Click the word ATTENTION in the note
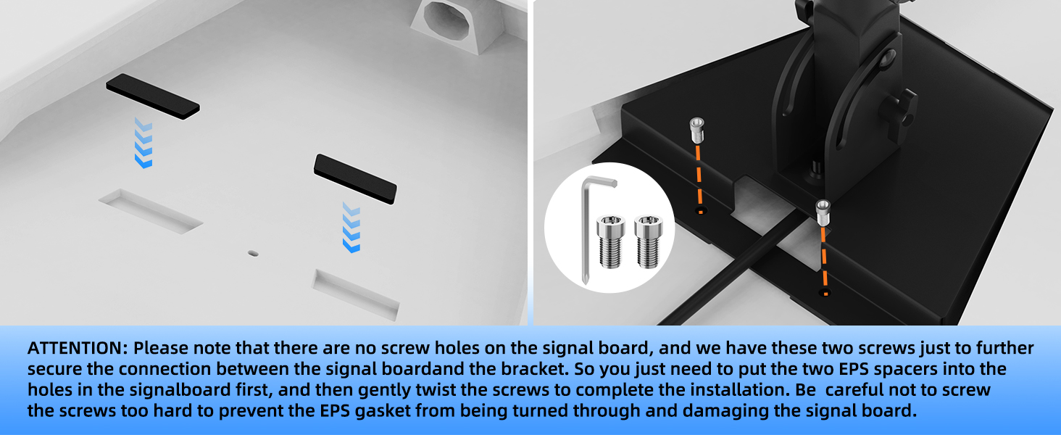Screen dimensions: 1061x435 pos(75,348)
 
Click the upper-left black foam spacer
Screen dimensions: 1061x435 pos(152,96)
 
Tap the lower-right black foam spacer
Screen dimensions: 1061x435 pos(355,179)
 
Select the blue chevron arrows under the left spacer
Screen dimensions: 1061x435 pos(143,143)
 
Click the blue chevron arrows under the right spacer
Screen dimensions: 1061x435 pos(351,227)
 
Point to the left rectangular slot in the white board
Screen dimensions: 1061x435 pos(151,212)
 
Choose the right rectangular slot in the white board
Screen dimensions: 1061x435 pos(356,294)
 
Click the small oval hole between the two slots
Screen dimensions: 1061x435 pos(253,254)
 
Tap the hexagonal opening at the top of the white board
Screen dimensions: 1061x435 pos(446,20)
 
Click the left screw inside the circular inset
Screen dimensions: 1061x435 pos(611,241)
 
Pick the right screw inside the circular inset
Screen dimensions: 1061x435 pos(648,241)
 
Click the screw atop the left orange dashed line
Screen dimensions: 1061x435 pos(696,130)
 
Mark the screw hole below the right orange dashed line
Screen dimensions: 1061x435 pos(825,292)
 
